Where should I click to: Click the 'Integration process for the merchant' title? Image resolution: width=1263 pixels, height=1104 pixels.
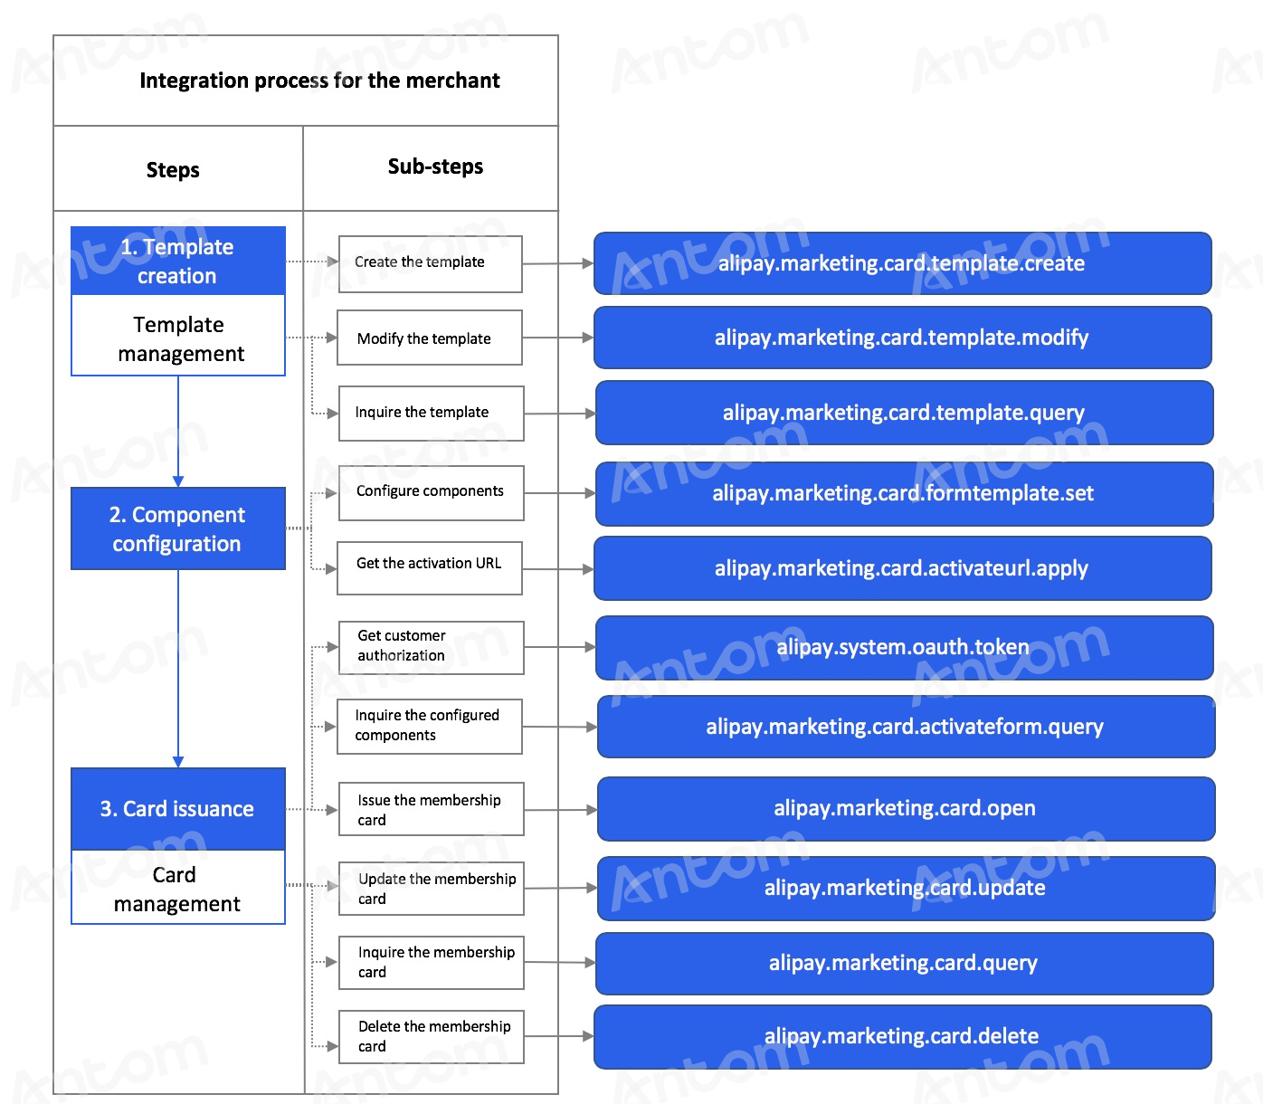click(319, 81)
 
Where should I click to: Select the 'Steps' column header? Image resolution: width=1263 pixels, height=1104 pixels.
click(173, 170)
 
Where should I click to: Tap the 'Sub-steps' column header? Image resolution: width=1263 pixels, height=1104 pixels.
click(435, 167)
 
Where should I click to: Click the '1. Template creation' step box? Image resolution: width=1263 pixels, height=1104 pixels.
click(178, 261)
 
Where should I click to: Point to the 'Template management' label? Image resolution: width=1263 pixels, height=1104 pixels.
click(180, 339)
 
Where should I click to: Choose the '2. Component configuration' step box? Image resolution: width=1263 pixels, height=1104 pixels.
click(178, 528)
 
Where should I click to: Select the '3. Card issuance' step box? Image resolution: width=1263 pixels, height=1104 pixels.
click(178, 809)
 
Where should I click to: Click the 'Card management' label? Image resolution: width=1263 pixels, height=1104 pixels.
click(176, 890)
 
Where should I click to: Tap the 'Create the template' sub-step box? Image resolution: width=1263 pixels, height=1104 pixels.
click(431, 263)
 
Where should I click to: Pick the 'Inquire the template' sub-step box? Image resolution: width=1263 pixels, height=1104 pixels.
click(431, 413)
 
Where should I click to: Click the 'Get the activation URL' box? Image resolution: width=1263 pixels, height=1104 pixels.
click(430, 568)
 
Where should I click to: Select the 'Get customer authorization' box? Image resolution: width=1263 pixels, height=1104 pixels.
click(431, 648)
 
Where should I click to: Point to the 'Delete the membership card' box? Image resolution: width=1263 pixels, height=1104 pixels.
click(431, 1037)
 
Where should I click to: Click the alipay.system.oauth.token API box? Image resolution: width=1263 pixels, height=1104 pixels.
click(904, 648)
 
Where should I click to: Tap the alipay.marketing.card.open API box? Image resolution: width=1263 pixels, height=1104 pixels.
click(906, 809)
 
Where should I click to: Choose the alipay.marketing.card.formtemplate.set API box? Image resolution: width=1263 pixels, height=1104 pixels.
click(904, 494)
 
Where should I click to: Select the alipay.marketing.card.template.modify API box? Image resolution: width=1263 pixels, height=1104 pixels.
click(903, 338)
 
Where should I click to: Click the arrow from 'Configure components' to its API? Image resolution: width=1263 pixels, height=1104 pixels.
click(560, 493)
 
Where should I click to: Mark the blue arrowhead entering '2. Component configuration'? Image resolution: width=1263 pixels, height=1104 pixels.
click(178, 481)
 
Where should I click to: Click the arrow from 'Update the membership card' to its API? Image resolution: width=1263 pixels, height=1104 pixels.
click(561, 888)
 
